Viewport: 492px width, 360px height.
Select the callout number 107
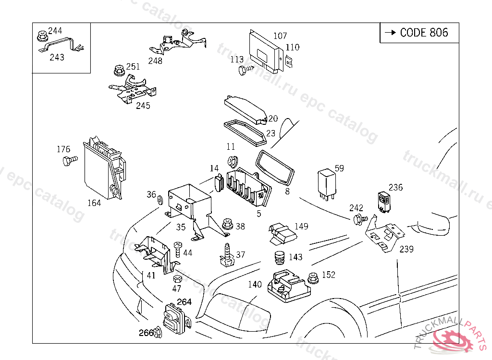pos(280,36)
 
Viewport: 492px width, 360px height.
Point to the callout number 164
pos(94,203)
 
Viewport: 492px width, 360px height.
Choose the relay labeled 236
pos(384,202)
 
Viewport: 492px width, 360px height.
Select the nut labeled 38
pos(227,225)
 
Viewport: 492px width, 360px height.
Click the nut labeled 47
pos(177,279)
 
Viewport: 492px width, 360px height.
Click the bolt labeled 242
pos(358,219)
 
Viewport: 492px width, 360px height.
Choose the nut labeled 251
pos(117,71)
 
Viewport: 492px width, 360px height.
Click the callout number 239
pos(406,249)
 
